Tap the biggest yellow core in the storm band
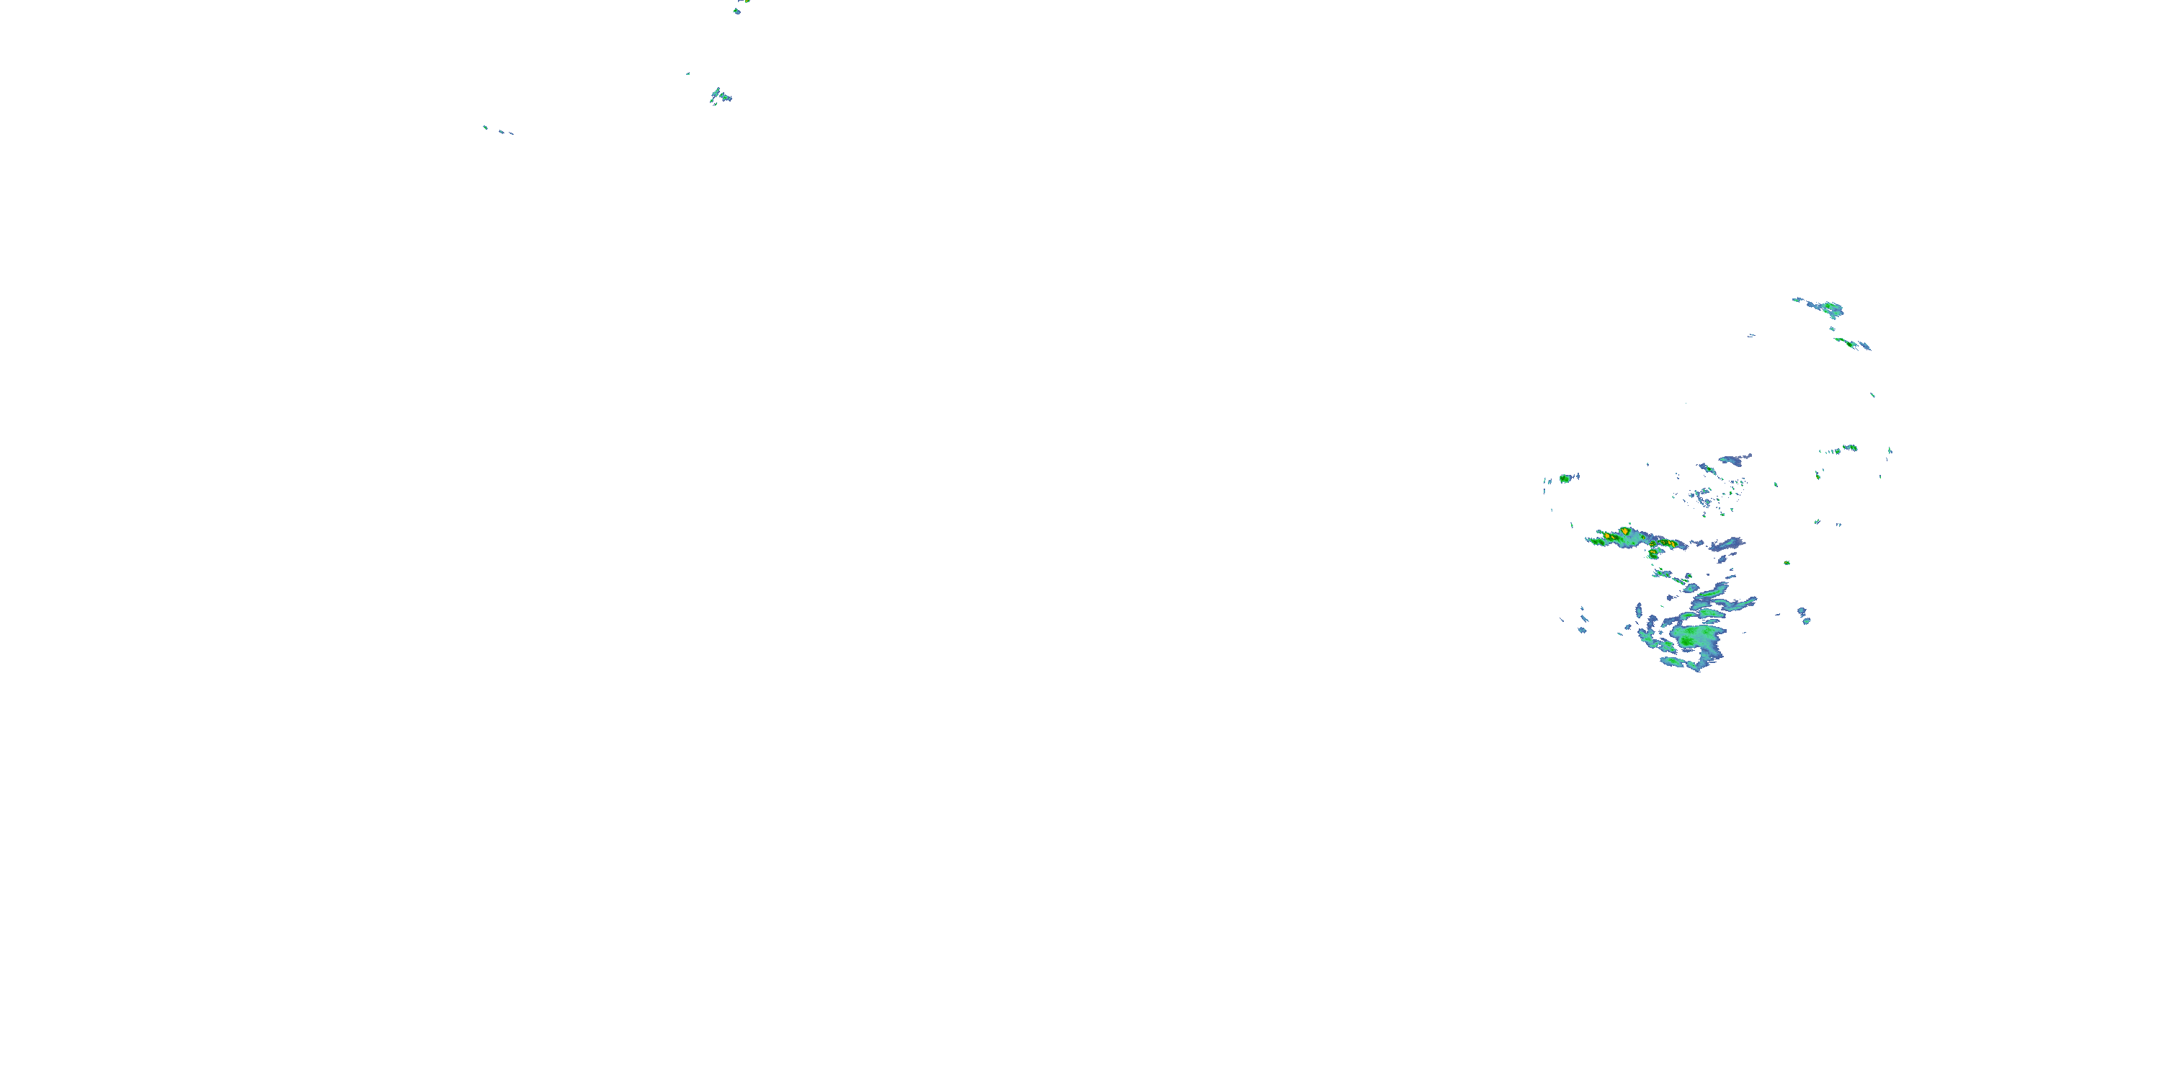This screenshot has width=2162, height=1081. pyautogui.click(x=1626, y=531)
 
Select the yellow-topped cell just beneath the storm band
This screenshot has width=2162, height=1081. pyautogui.click(x=1652, y=554)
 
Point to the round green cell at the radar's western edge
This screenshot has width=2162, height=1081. pyautogui.click(x=1565, y=479)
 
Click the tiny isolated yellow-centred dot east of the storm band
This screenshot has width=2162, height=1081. pyautogui.click(x=1787, y=562)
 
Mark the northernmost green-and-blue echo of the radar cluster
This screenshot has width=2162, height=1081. pyautogui.click(x=1826, y=307)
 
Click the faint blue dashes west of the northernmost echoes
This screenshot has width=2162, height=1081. pyautogui.click(x=1752, y=336)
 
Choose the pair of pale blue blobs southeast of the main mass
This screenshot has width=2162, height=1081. pyautogui.click(x=1804, y=616)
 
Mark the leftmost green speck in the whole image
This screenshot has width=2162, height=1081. pyautogui.click(x=484, y=127)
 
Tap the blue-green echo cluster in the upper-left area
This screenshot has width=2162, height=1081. pyautogui.click(x=720, y=96)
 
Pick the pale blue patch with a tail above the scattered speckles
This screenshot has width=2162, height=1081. pyautogui.click(x=1735, y=460)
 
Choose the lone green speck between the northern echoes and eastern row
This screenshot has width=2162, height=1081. pyautogui.click(x=1872, y=394)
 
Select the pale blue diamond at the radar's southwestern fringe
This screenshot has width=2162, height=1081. pyautogui.click(x=1582, y=629)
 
